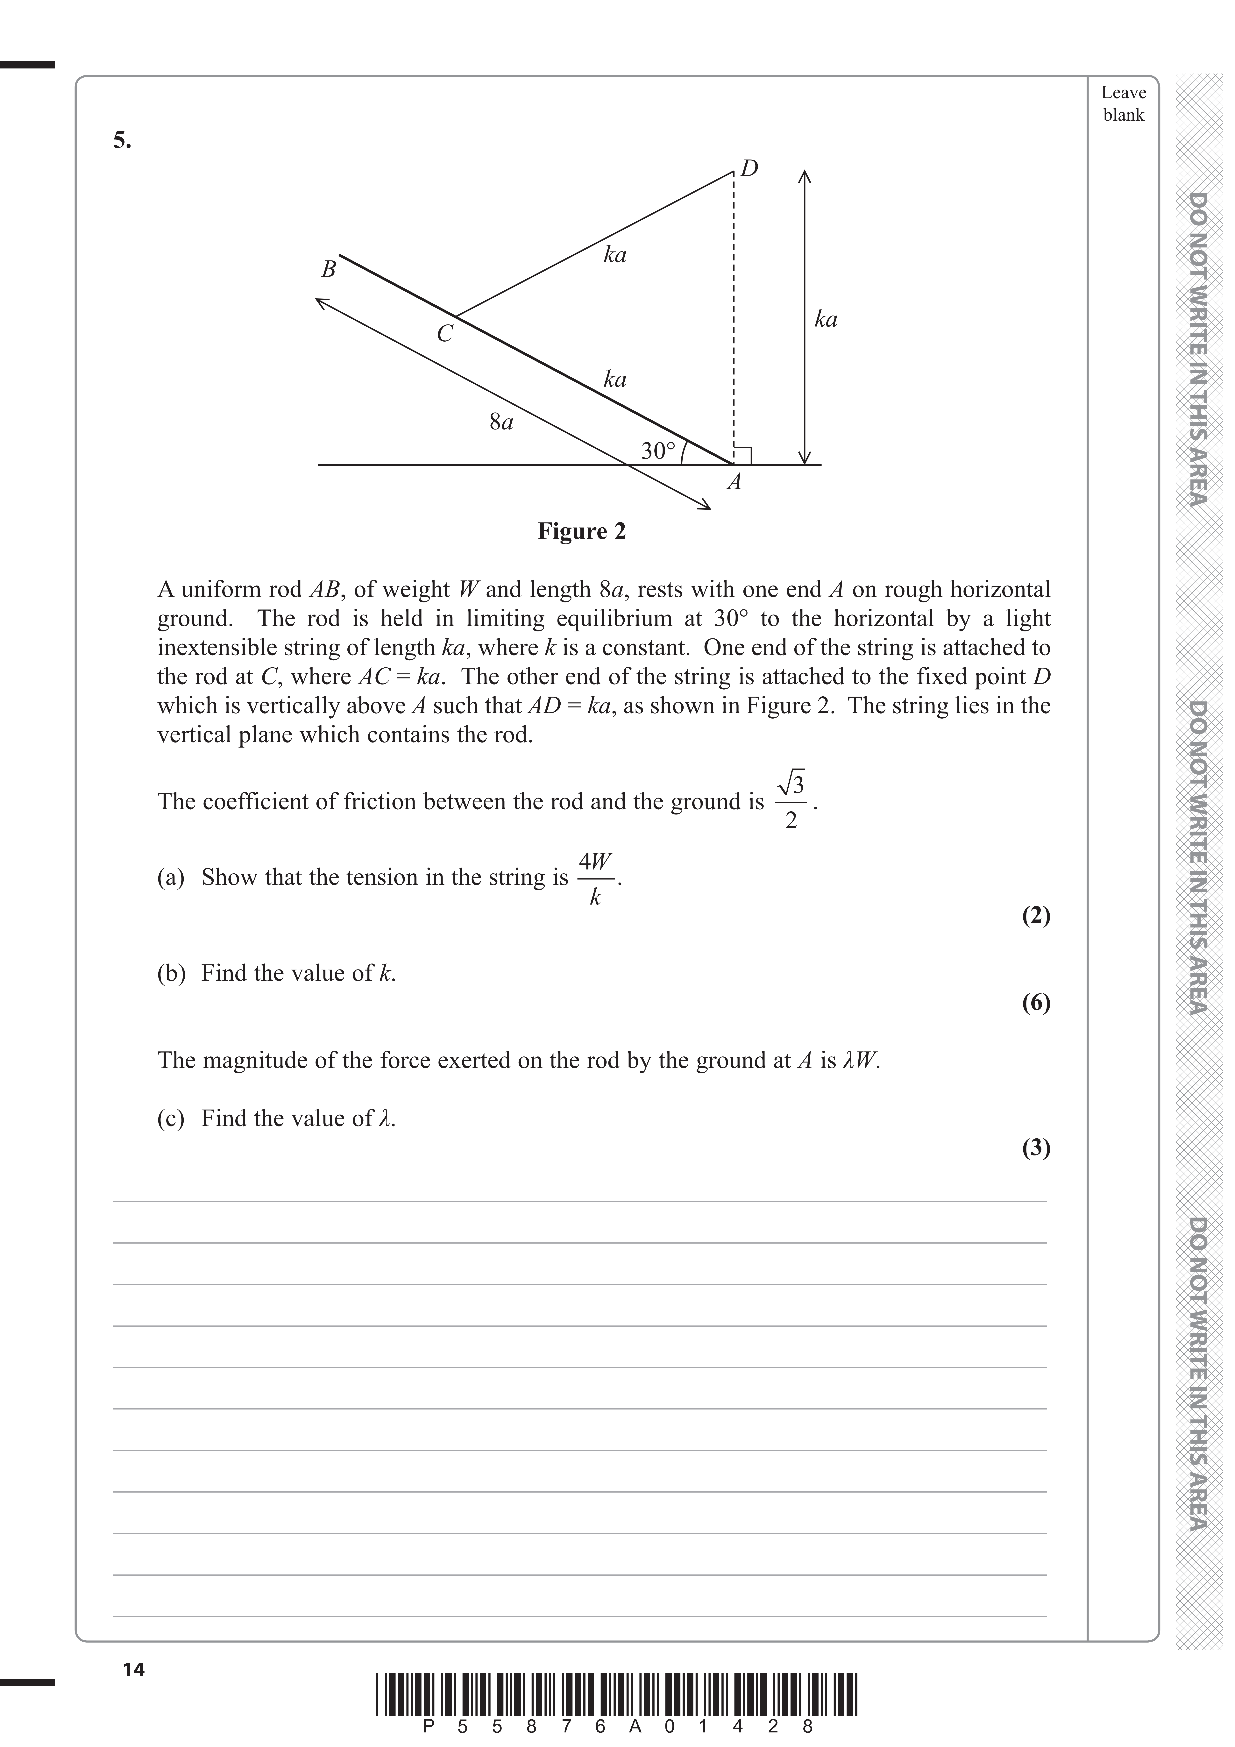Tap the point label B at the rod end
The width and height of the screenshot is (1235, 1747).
click(x=329, y=269)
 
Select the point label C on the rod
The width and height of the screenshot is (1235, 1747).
click(x=444, y=333)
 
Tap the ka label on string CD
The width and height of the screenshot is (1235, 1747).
click(x=615, y=255)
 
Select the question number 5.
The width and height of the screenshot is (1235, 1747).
click(x=122, y=140)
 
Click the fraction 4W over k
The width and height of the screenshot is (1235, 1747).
click(x=595, y=879)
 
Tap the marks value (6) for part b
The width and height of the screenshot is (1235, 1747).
click(x=1036, y=1003)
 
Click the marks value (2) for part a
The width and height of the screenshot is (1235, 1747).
click(x=1036, y=915)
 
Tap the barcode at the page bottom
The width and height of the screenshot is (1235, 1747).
click(x=616, y=1694)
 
